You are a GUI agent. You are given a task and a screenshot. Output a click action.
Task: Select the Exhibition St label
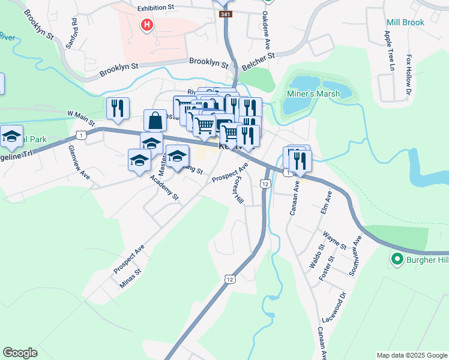tap(155, 8)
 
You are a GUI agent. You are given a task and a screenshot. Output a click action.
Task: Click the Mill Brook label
tap(405, 22)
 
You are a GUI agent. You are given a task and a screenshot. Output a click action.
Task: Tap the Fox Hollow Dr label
tap(408, 75)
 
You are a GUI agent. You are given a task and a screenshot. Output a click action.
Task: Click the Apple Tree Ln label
tap(390, 52)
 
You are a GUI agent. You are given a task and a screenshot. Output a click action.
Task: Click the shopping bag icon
tap(155, 120)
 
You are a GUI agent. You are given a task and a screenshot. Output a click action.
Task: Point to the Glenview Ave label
tap(79, 163)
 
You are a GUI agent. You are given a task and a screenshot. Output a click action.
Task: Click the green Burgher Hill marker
tap(396, 260)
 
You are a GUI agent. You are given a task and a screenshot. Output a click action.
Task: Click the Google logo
tap(20, 353)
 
